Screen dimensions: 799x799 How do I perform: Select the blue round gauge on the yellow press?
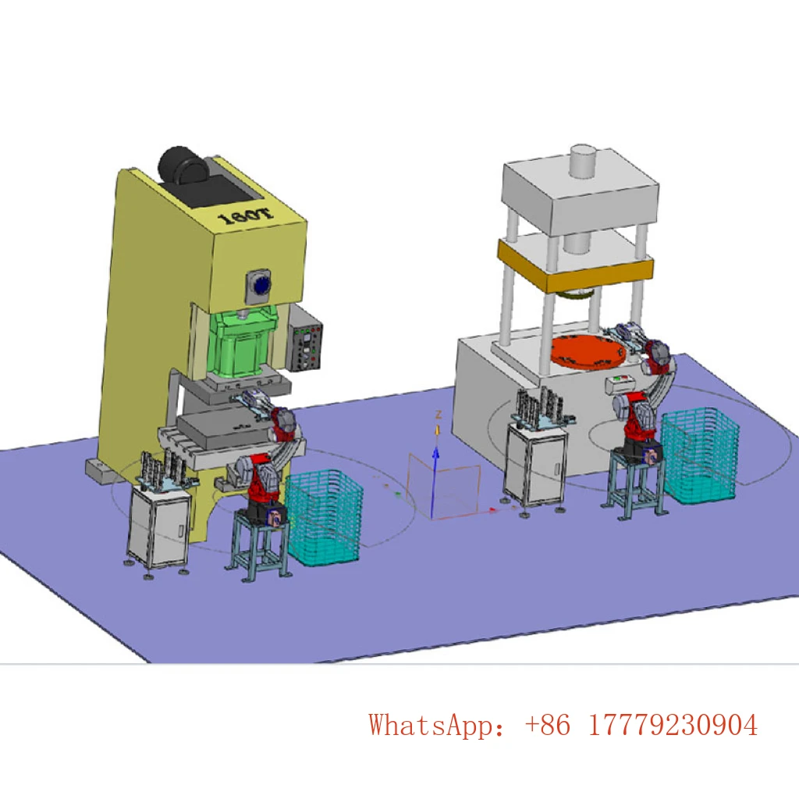tap(261, 286)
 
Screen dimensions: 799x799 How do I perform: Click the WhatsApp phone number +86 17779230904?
tap(641, 725)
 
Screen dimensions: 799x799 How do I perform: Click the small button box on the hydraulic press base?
tap(622, 382)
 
